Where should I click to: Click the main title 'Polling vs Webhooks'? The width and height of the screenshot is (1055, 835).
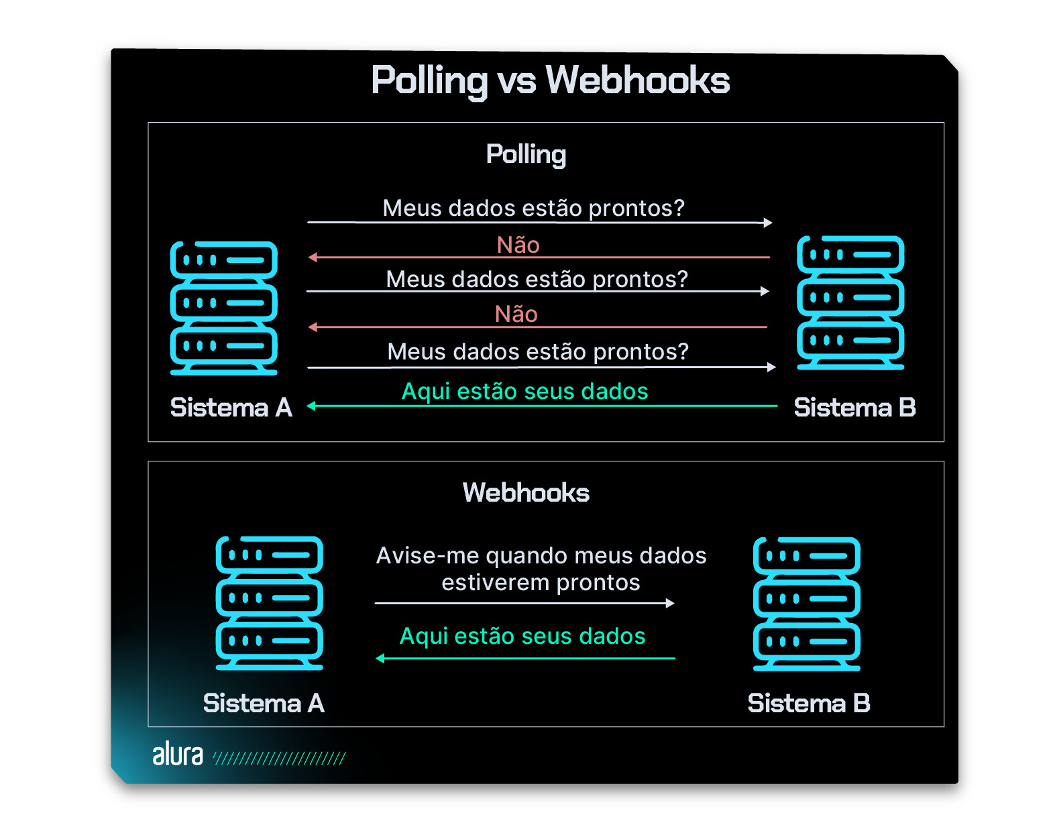click(x=550, y=80)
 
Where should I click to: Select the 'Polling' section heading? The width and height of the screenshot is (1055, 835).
click(x=526, y=154)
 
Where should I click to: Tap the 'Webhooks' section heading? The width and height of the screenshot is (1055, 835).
click(x=526, y=493)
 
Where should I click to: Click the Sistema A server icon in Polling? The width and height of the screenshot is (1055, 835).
click(x=224, y=307)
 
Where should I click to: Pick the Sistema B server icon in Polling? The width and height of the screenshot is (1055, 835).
click(x=850, y=302)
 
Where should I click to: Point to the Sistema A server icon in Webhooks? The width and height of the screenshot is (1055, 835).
click(x=269, y=603)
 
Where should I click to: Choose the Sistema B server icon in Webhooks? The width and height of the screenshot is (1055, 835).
click(x=807, y=604)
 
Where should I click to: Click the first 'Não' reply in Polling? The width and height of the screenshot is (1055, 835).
click(x=518, y=245)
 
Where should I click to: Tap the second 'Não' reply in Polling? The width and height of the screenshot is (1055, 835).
click(x=516, y=314)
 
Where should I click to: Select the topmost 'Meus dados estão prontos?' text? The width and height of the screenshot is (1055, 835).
click(x=533, y=208)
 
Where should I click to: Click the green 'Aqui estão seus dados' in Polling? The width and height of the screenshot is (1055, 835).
click(x=524, y=391)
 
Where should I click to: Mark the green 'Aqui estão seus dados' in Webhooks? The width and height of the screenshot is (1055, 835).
click(x=522, y=636)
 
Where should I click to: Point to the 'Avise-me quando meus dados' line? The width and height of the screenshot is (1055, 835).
click(x=541, y=555)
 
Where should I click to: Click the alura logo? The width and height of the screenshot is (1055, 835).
click(x=178, y=755)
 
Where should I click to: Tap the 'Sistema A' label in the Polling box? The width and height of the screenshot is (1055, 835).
click(x=231, y=408)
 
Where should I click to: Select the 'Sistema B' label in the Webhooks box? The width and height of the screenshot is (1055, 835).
click(x=808, y=704)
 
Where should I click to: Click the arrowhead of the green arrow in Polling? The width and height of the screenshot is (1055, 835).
click(x=311, y=406)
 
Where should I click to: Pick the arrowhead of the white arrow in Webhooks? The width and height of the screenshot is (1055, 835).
click(x=670, y=603)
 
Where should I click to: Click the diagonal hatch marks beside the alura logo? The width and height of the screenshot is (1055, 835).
click(x=279, y=759)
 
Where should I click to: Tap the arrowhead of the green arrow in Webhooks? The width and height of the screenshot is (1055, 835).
click(x=380, y=659)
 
